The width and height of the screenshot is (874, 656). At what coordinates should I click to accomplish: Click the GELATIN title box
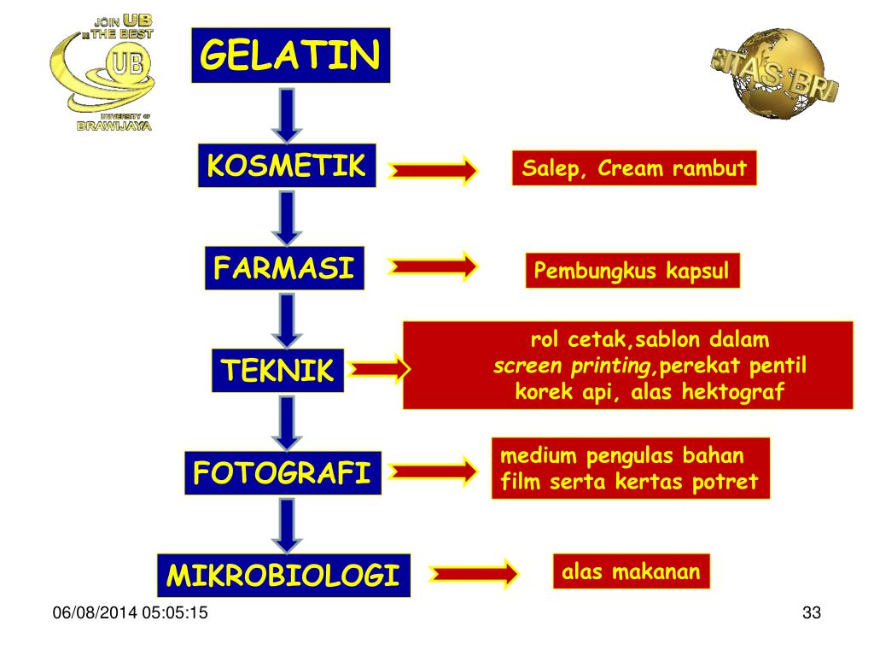tap(290, 56)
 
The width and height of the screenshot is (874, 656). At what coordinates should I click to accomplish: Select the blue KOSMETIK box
tap(287, 166)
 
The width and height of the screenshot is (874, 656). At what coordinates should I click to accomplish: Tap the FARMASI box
tap(284, 268)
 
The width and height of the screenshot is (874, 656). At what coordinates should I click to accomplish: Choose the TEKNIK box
tap(277, 371)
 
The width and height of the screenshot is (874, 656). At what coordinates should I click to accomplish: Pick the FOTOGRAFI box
tap(283, 473)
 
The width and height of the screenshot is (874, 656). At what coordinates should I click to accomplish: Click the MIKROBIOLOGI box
tap(283, 575)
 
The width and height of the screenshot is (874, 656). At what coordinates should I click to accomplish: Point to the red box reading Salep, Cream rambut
tap(634, 168)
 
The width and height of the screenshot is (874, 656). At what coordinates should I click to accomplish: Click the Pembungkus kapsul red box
tap(632, 272)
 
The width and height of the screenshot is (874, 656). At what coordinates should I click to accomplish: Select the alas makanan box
tap(631, 571)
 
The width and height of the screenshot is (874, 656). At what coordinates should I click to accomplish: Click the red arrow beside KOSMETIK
tap(434, 171)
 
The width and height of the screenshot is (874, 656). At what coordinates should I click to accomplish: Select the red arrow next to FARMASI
tap(434, 267)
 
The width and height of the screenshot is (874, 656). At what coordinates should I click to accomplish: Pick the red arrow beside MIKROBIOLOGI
tap(475, 573)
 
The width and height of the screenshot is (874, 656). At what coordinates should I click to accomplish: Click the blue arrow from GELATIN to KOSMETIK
tap(288, 115)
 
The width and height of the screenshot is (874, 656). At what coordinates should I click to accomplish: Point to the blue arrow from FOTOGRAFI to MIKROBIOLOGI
tap(288, 524)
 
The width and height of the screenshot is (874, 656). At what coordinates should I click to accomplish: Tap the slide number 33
tap(811, 613)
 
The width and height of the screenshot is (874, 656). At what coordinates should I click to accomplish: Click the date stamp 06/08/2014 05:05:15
tap(130, 613)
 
